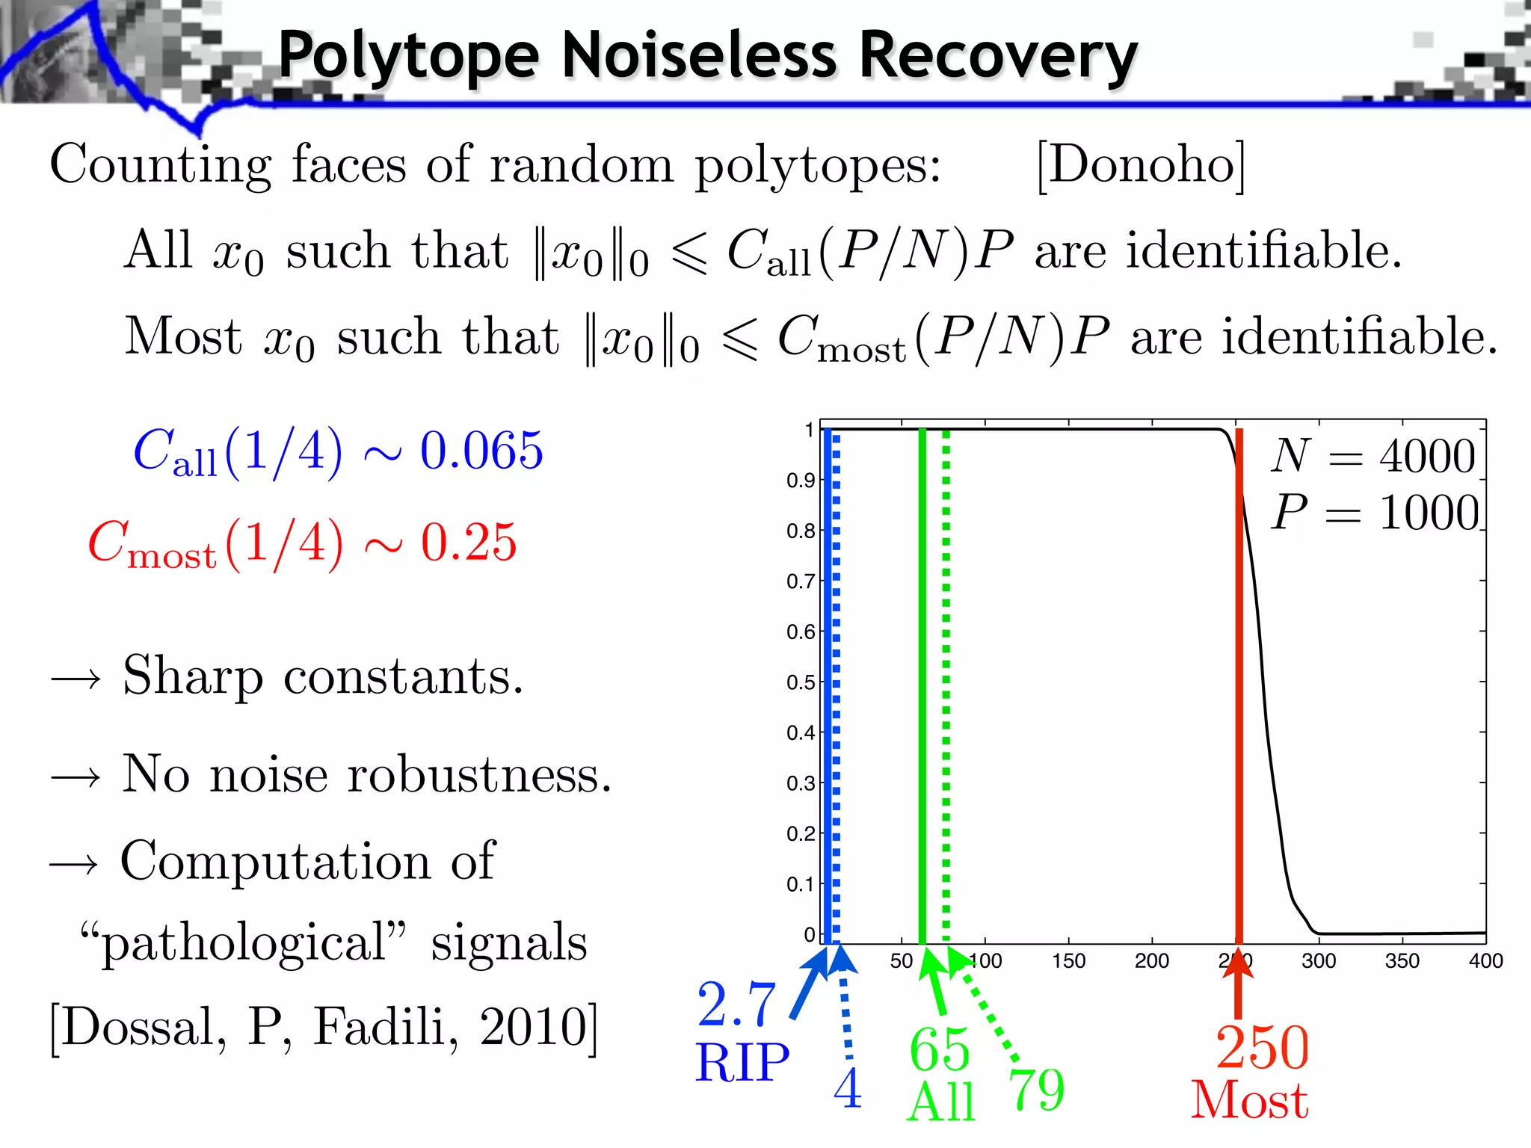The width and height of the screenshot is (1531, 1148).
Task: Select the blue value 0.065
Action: pos(481,451)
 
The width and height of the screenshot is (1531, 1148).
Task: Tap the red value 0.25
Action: pos(469,542)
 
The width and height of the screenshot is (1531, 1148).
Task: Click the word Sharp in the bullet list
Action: pos(193,676)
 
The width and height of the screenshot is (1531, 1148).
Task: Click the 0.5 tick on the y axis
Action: pos(800,682)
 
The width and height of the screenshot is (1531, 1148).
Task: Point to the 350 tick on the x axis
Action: pos(1402,961)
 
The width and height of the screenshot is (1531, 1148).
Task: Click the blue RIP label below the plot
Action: pos(742,1063)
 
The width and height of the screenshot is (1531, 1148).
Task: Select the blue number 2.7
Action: pos(736,1005)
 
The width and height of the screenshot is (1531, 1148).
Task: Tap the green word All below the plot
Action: pos(941,1102)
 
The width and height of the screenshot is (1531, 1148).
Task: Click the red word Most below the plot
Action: pos(1249,1100)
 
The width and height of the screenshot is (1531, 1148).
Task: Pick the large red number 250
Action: pos(1262,1048)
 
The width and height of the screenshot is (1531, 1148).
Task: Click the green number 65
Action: pos(940,1050)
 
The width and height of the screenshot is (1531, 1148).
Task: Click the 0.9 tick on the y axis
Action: pos(800,481)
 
